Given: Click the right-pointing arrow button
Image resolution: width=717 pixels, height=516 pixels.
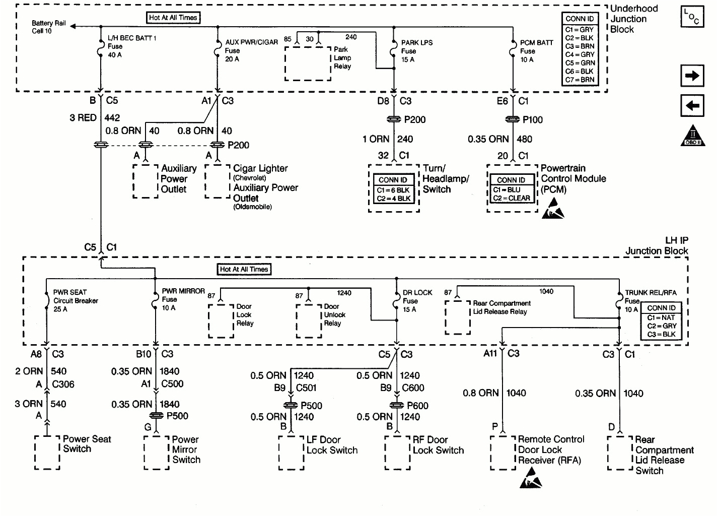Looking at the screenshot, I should pyautogui.click(x=692, y=76).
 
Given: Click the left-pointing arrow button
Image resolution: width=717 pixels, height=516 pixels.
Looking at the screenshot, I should pyautogui.click(x=692, y=106).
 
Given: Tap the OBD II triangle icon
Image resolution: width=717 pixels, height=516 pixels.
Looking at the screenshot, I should pyautogui.click(x=692, y=136).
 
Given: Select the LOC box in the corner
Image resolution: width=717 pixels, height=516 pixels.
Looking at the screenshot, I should pyautogui.click(x=692, y=17).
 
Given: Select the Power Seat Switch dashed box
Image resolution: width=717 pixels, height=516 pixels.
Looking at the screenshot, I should pyautogui.click(x=47, y=453).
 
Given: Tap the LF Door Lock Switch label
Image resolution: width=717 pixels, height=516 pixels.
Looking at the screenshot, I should pyautogui.click(x=332, y=445).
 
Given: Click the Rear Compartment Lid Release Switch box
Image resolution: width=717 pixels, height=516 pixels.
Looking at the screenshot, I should pyautogui.click(x=620, y=453).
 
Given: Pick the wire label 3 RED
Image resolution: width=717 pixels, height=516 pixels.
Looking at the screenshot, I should pyautogui.click(x=83, y=118).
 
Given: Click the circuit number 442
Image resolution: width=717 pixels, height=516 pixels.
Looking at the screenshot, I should pyautogui.click(x=112, y=118).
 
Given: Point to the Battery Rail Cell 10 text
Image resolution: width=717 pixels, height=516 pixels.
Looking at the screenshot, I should pyautogui.click(x=48, y=27).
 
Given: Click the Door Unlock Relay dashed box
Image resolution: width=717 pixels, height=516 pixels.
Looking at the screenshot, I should pyautogui.click(x=309, y=321).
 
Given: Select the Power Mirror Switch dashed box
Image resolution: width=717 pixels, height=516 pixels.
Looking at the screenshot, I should pyautogui.click(x=157, y=453).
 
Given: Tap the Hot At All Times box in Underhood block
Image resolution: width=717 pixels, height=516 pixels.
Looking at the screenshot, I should pyautogui.click(x=173, y=18).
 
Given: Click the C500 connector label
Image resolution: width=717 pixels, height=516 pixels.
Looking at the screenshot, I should pyautogui.click(x=172, y=384).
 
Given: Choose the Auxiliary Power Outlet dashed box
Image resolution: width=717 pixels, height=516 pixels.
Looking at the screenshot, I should pyautogui.click(x=146, y=180).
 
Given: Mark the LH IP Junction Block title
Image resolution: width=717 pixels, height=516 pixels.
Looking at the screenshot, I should pyautogui.click(x=657, y=246).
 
